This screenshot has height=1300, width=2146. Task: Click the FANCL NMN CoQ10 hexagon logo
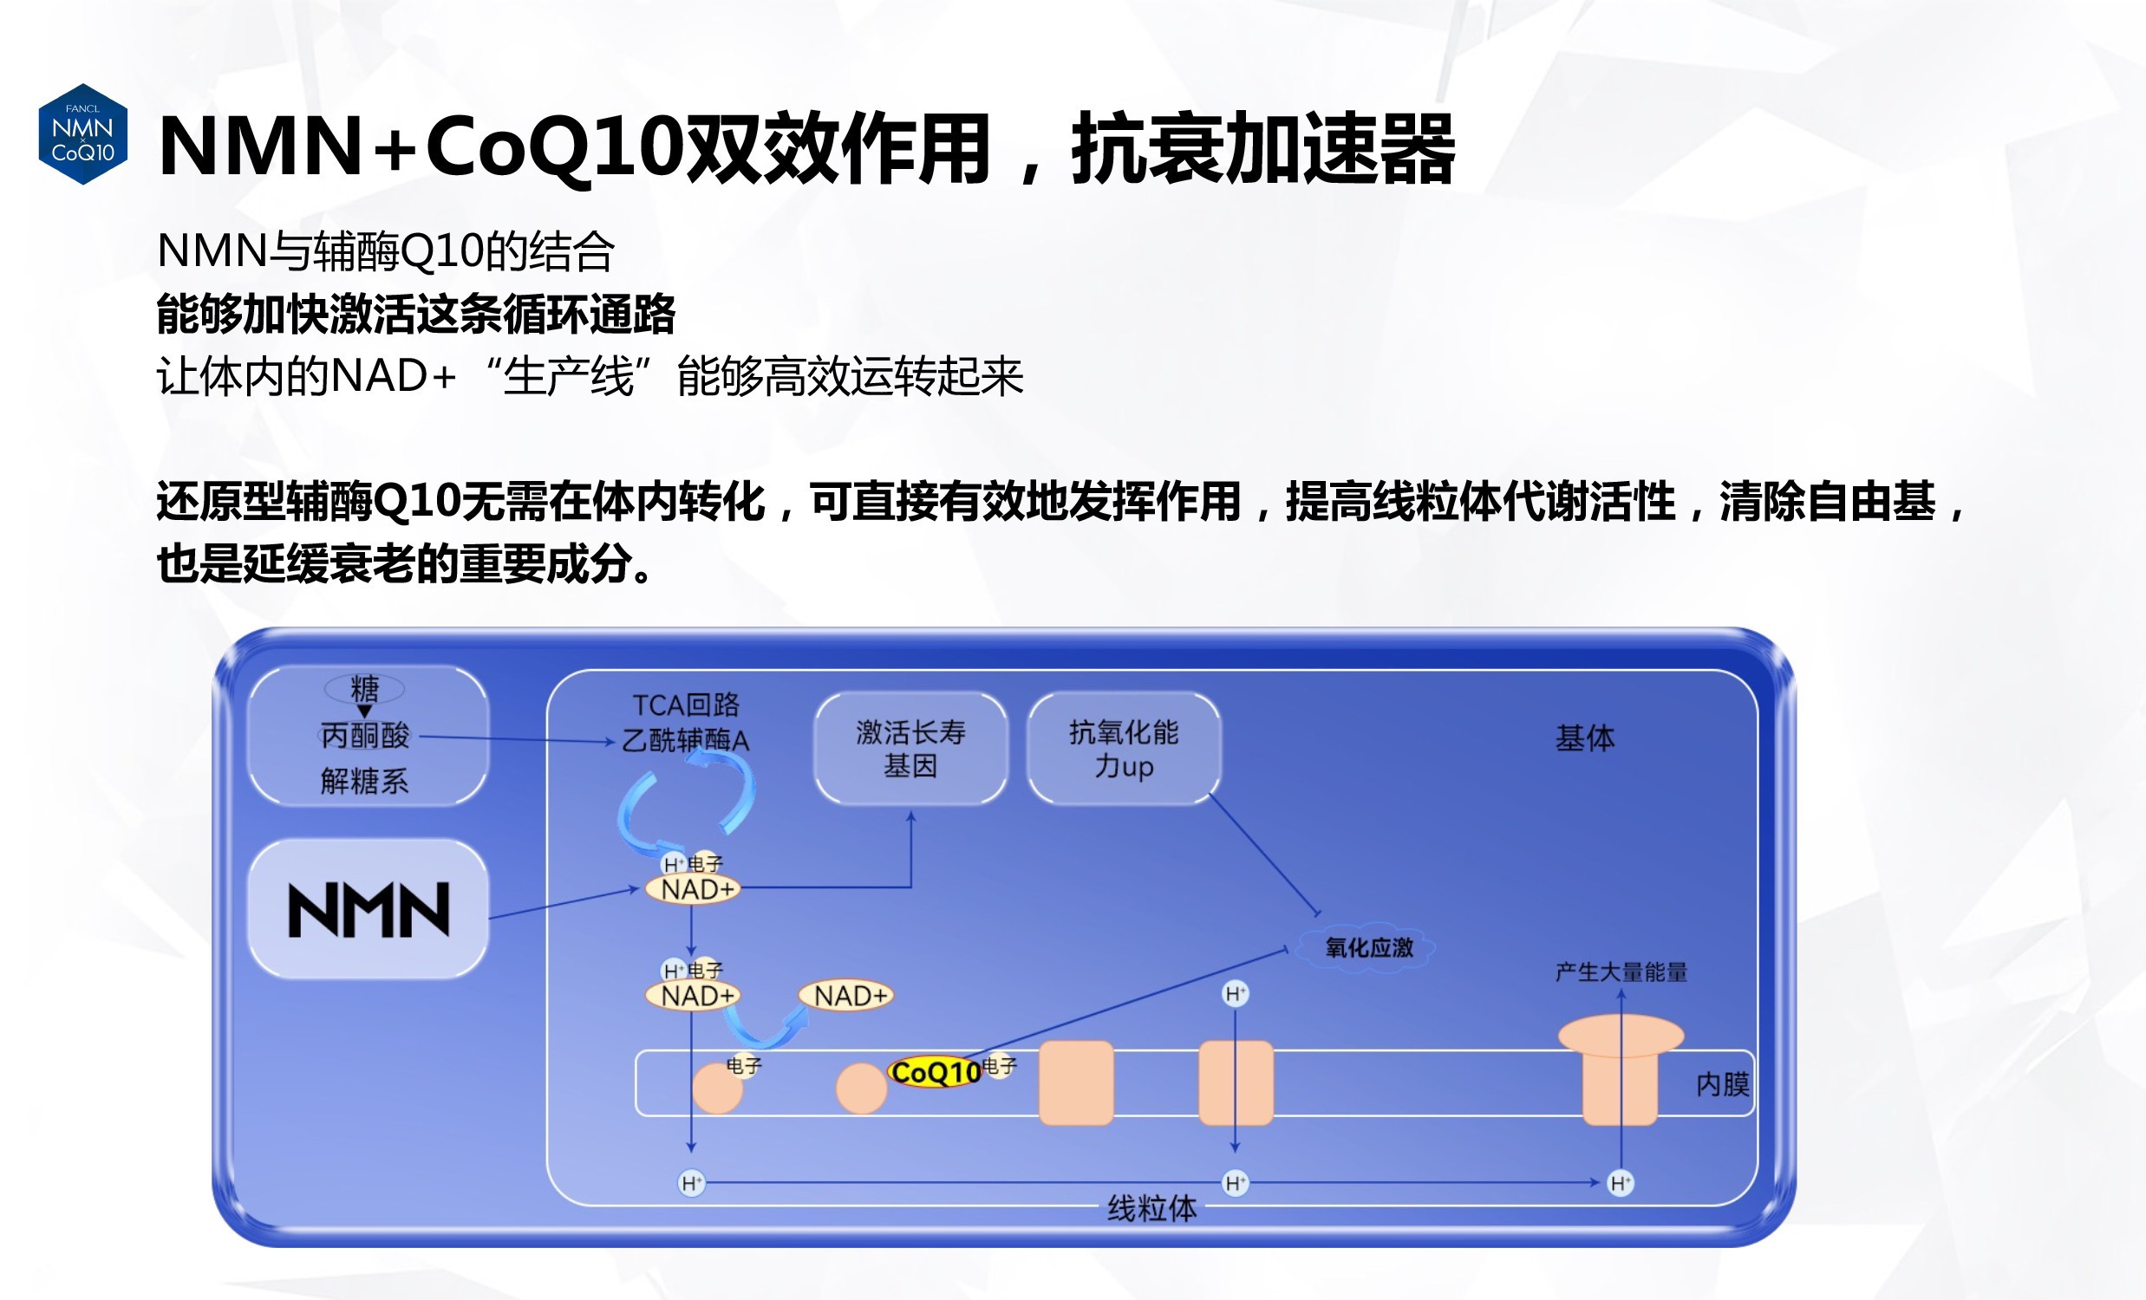pyautogui.click(x=82, y=134)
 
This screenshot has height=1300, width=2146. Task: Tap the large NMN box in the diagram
pyautogui.click(x=368, y=909)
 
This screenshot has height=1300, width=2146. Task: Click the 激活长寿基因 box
pyautogui.click(x=910, y=749)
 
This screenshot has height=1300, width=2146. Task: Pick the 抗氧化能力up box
pyautogui.click(x=1124, y=749)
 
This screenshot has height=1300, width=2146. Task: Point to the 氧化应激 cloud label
pyautogui.click(x=1367, y=947)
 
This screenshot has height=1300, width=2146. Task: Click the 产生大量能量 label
pyautogui.click(x=1621, y=972)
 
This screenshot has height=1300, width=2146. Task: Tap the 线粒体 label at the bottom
pyautogui.click(x=1151, y=1208)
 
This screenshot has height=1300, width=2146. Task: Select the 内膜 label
pyautogui.click(x=1722, y=1084)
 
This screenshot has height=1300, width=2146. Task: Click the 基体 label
pyautogui.click(x=1584, y=738)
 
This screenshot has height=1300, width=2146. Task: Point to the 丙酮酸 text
pyautogui.click(x=365, y=736)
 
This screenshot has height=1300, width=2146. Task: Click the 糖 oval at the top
pyautogui.click(x=364, y=689)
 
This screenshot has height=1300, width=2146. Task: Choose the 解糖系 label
pyautogui.click(x=364, y=781)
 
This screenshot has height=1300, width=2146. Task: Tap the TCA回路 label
pyautogui.click(x=686, y=705)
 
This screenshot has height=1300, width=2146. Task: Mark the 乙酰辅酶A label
pyautogui.click(x=686, y=740)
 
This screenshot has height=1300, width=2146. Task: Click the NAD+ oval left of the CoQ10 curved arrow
pyautogui.click(x=693, y=995)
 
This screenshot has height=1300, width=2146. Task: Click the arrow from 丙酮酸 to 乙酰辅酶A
pyautogui.click(x=518, y=739)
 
